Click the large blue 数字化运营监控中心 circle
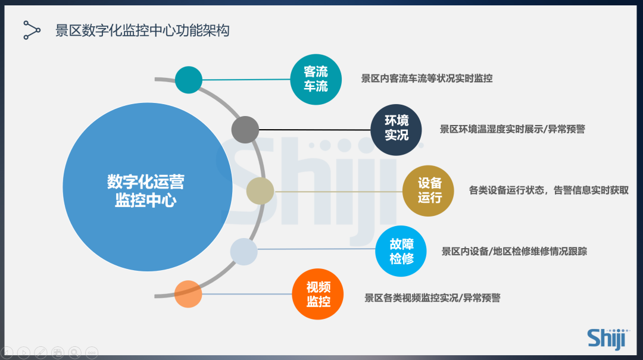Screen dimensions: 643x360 click(x=148, y=187)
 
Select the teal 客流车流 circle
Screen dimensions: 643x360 click(x=316, y=80)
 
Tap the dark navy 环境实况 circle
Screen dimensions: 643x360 click(x=396, y=130)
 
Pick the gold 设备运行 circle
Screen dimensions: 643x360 click(x=428, y=190)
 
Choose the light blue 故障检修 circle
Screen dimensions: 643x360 click(x=401, y=251)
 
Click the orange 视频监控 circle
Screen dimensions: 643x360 click(x=318, y=294)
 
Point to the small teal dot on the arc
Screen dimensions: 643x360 click(x=189, y=80)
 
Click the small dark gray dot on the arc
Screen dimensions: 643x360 click(x=245, y=130)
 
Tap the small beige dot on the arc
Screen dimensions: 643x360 click(x=260, y=191)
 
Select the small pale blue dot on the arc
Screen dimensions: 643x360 click(x=244, y=252)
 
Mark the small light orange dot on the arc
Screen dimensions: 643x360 click(x=188, y=294)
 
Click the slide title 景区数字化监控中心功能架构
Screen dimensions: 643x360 click(x=142, y=31)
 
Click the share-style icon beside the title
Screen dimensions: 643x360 click(x=32, y=30)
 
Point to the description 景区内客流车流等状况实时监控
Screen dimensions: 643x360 click(x=426, y=79)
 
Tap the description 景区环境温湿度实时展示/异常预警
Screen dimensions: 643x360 click(x=512, y=129)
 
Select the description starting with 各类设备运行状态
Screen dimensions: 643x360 click(x=549, y=190)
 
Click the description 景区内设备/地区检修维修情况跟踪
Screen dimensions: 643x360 click(x=514, y=251)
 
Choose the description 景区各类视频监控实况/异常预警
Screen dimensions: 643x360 click(x=432, y=298)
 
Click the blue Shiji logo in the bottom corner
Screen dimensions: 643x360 click(x=608, y=339)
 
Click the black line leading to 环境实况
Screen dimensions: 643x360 click(x=314, y=130)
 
